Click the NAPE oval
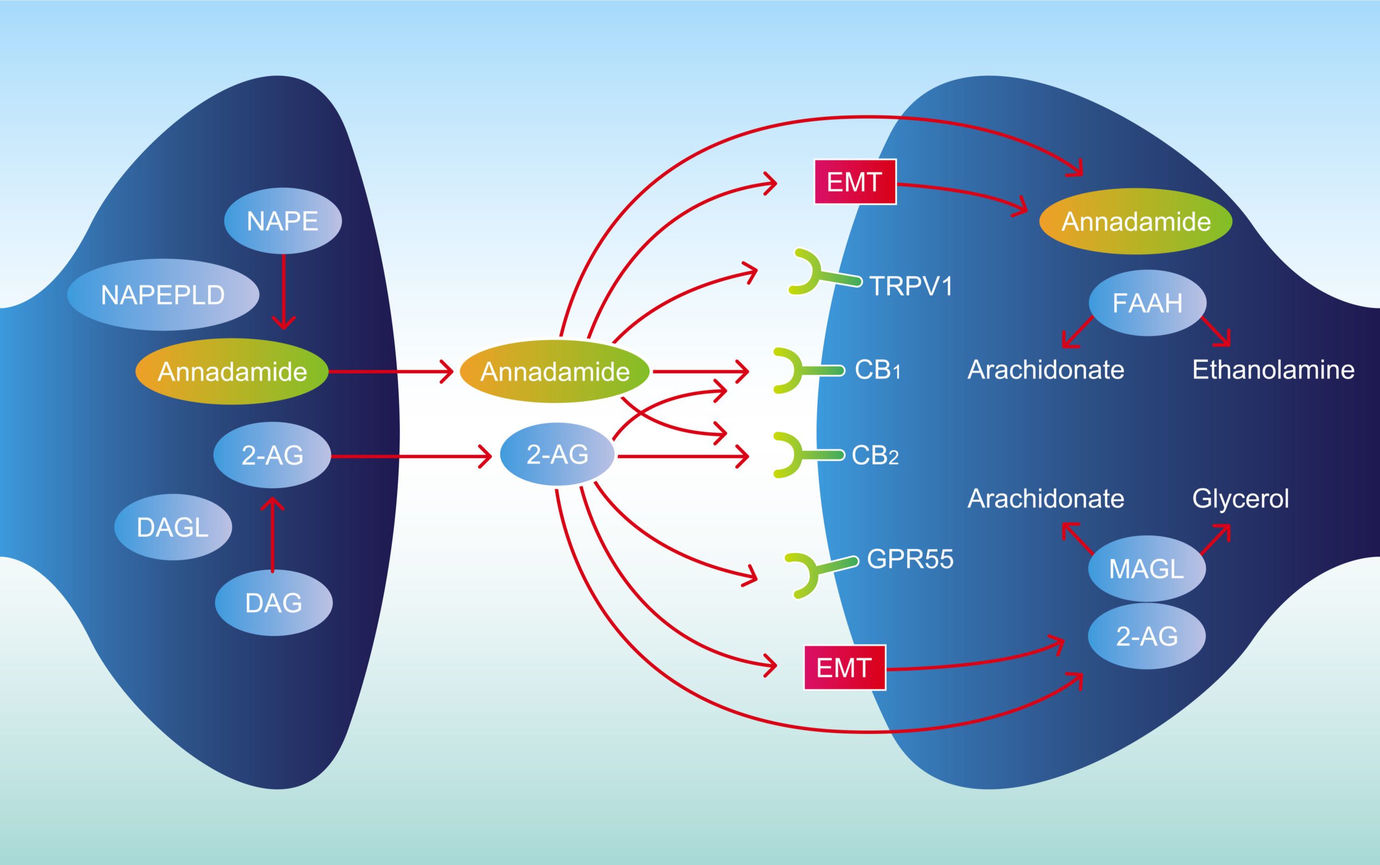point(282,221)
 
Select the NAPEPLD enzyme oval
point(163,294)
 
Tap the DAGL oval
point(172,527)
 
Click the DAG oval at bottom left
point(273,602)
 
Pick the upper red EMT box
point(854,182)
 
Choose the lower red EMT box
point(844,667)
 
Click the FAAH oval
point(1147,303)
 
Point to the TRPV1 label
point(911,285)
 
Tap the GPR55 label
point(910,559)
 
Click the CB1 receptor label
point(877,370)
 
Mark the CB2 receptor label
point(875,455)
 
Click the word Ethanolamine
point(1273,370)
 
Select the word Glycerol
point(1240,499)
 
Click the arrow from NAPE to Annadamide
point(284,292)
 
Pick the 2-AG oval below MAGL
point(1146,636)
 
